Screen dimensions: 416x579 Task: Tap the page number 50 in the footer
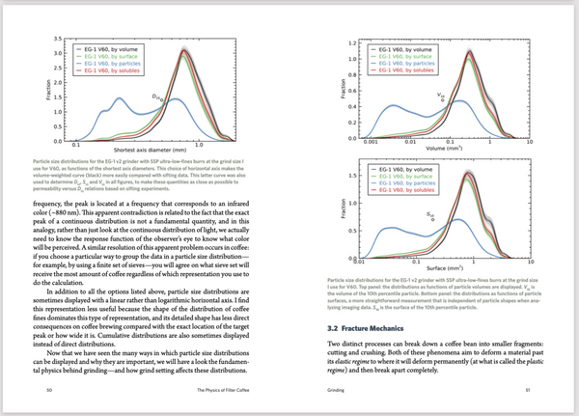click(x=48, y=390)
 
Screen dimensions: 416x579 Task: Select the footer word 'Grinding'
click(x=327, y=390)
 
